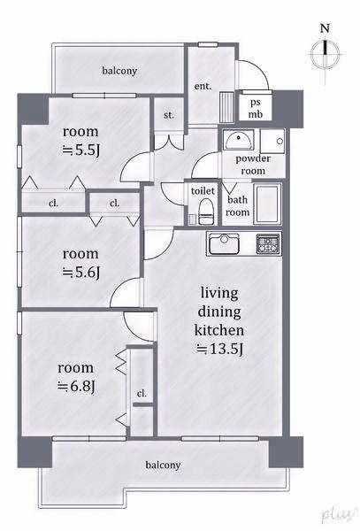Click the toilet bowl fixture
click(206, 212)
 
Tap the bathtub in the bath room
click(267, 204)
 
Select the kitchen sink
click(224, 244)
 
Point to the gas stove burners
click(268, 244)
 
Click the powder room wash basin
click(239, 140)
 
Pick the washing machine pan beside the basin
click(272, 141)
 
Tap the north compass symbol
click(326, 54)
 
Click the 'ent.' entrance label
click(203, 86)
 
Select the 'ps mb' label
click(256, 109)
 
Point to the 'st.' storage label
click(169, 115)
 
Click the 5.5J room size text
click(80, 150)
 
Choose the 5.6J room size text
click(80, 273)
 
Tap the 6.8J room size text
click(76, 386)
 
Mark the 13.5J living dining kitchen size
click(219, 349)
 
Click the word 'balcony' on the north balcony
click(119, 71)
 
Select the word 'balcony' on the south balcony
click(163, 465)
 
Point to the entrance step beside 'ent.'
click(226, 107)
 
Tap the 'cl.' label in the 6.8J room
click(142, 394)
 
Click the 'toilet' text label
click(203, 190)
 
